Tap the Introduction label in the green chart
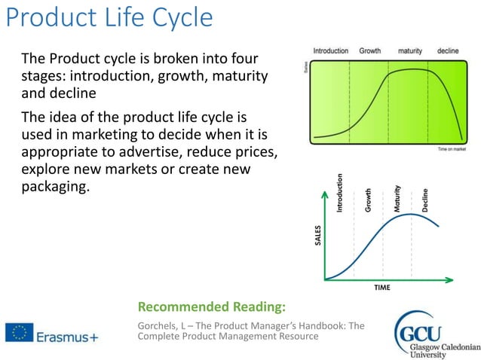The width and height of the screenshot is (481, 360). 330,51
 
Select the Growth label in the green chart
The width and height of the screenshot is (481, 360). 369,51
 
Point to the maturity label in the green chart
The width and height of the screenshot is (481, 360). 409,51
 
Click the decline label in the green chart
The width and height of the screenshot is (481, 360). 447,51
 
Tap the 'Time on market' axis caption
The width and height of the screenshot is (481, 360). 455,149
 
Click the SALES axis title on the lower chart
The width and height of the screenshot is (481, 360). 317,236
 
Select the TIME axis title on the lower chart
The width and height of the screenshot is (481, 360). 381,288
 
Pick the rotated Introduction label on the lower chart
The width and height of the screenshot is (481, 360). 339,193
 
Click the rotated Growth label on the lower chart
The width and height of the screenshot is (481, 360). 368,200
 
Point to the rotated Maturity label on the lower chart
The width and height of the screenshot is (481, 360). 397,198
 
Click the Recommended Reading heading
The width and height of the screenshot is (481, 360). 212,307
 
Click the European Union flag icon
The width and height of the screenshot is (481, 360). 18,332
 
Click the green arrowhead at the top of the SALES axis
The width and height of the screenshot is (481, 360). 324,193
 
